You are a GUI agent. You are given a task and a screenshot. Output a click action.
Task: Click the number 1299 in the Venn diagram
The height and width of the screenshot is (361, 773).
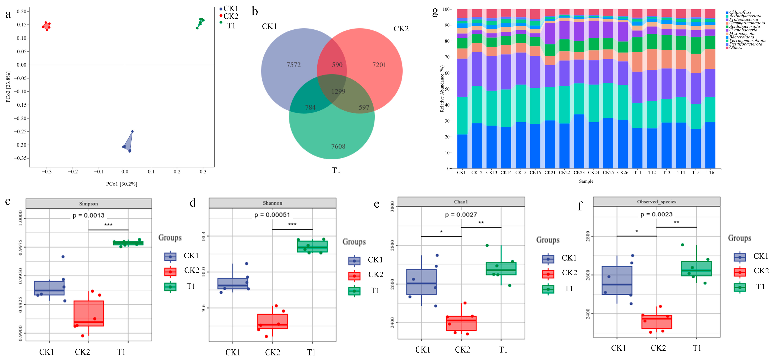[338, 91]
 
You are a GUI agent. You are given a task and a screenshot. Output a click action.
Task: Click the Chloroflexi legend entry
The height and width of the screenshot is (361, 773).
[740, 12]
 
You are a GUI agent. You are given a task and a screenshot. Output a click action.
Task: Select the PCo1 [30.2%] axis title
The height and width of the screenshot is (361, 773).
[122, 184]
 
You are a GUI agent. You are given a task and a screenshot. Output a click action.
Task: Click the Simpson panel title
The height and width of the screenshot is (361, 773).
[88, 204]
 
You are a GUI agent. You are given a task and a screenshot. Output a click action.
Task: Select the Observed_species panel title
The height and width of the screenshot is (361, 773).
[657, 202]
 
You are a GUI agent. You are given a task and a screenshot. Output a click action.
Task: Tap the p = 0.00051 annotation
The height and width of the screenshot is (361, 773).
[272, 215]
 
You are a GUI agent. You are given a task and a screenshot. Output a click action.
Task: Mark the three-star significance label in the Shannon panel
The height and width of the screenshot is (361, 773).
[292, 224]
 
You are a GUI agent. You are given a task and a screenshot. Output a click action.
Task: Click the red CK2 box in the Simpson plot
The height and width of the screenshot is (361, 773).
[89, 313]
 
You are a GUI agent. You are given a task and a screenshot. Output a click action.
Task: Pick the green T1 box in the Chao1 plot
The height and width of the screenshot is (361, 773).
[501, 269]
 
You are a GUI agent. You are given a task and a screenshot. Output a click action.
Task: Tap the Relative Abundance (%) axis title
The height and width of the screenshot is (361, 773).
[442, 89]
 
